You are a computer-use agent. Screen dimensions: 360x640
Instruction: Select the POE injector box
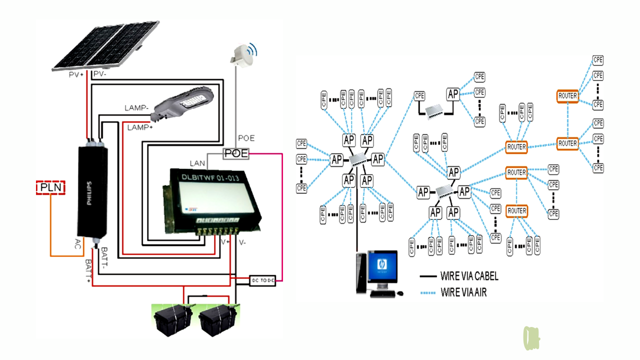click(236, 153)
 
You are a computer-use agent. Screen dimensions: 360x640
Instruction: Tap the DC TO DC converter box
click(262, 280)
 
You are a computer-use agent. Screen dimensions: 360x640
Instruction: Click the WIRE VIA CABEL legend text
click(469, 276)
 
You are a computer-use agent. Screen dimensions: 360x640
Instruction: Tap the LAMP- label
click(137, 108)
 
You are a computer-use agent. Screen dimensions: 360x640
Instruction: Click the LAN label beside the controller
click(197, 163)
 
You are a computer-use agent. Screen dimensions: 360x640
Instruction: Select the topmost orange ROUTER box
click(567, 95)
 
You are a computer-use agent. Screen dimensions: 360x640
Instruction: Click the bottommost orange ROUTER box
click(516, 211)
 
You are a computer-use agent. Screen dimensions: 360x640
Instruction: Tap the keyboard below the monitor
click(383, 294)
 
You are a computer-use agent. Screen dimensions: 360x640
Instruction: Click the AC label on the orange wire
click(77, 244)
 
